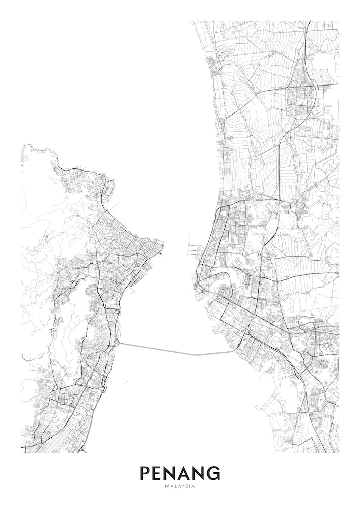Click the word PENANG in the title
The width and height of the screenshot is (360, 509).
(180, 473)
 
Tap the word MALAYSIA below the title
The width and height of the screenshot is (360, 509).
(180, 486)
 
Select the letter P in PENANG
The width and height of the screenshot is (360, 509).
(145, 473)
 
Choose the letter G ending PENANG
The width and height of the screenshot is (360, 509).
(214, 473)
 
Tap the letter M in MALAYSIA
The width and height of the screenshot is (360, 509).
(167, 486)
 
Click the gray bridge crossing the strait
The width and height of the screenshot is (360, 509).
(178, 352)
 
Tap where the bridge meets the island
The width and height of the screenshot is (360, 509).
(120, 343)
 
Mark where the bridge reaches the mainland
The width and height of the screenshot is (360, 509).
(235, 350)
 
